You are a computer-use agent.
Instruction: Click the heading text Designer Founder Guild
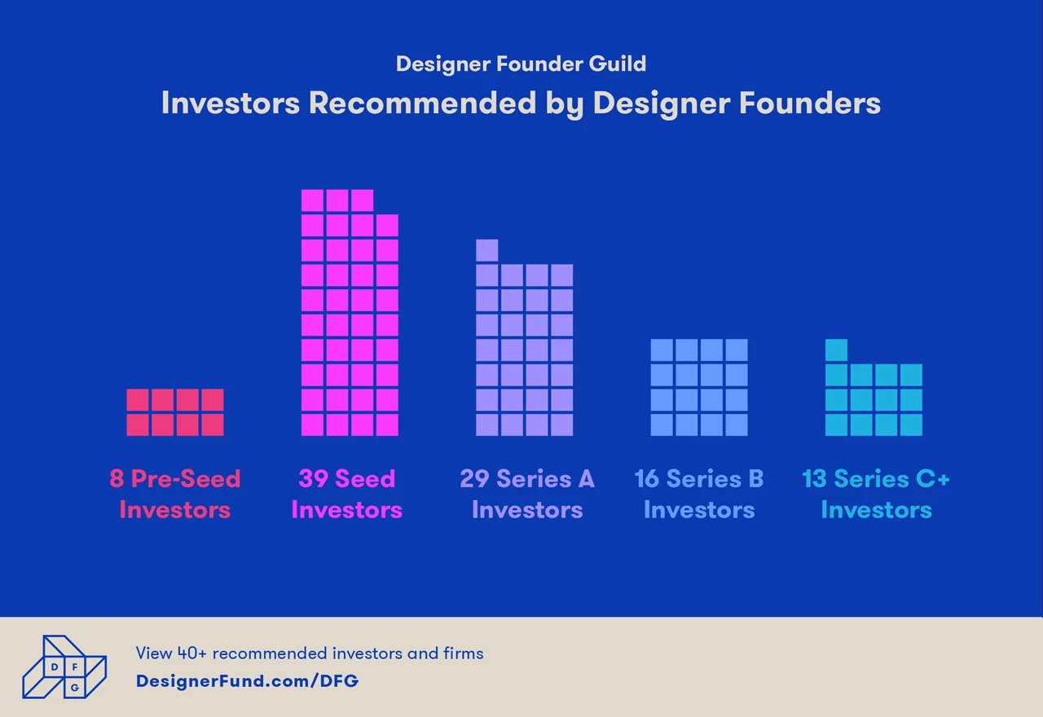coord(521,64)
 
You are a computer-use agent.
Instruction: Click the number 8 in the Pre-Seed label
coord(117,478)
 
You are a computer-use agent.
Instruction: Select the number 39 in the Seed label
coord(313,478)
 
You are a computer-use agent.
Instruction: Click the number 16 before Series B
coord(648,478)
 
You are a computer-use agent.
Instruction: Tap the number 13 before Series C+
coord(814,478)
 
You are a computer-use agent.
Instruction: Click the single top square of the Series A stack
coord(487,250)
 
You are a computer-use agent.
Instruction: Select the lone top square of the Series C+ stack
coord(836,350)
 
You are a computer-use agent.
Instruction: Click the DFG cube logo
coord(64,666)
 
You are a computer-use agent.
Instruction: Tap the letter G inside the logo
coord(75,688)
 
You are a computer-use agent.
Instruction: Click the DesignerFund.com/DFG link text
coord(247,680)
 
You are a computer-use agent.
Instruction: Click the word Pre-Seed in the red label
coord(186,478)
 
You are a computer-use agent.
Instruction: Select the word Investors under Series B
coord(699,510)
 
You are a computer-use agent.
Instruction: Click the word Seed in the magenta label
coord(365,478)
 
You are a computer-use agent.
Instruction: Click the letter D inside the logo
coord(54,667)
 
